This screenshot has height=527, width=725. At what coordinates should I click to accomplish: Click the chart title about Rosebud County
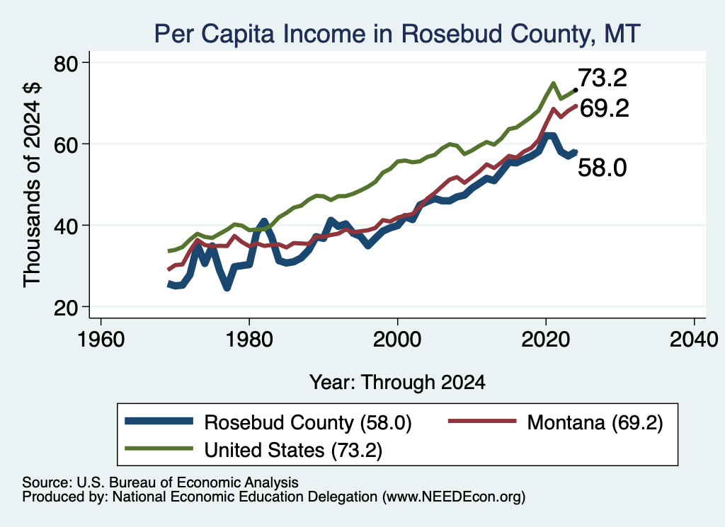(x=397, y=33)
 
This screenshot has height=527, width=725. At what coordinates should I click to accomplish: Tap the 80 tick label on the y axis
(x=66, y=63)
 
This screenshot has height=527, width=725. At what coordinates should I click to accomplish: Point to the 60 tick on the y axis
(x=66, y=144)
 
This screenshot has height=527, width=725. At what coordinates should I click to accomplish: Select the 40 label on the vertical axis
(x=66, y=226)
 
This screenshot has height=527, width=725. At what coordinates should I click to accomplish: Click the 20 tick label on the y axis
(x=66, y=308)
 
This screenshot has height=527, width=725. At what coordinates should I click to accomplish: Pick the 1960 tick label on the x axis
(x=101, y=340)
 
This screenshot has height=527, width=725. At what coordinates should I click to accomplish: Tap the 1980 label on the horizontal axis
(x=249, y=340)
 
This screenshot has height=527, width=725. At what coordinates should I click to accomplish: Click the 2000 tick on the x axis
(x=397, y=340)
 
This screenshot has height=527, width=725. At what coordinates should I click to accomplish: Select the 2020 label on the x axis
(x=546, y=340)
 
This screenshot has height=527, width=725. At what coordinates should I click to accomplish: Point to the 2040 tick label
(x=694, y=340)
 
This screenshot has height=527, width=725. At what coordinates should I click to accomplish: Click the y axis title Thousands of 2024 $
(x=32, y=185)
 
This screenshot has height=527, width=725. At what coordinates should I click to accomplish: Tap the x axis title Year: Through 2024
(x=397, y=383)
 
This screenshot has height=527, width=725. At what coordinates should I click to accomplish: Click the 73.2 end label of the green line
(x=603, y=78)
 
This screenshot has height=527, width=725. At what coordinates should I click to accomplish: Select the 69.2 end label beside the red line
(x=605, y=108)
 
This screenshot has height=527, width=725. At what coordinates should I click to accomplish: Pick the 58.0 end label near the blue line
(x=603, y=167)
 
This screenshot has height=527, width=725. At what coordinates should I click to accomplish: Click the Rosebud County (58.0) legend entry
(x=268, y=422)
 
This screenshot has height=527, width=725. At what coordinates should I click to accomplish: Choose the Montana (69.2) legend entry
(x=556, y=422)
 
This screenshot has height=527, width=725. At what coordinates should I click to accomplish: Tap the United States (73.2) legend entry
(x=254, y=450)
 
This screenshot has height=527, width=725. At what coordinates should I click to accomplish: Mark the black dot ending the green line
(x=575, y=90)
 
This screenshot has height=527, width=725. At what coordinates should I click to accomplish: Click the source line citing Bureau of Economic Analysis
(x=160, y=482)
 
